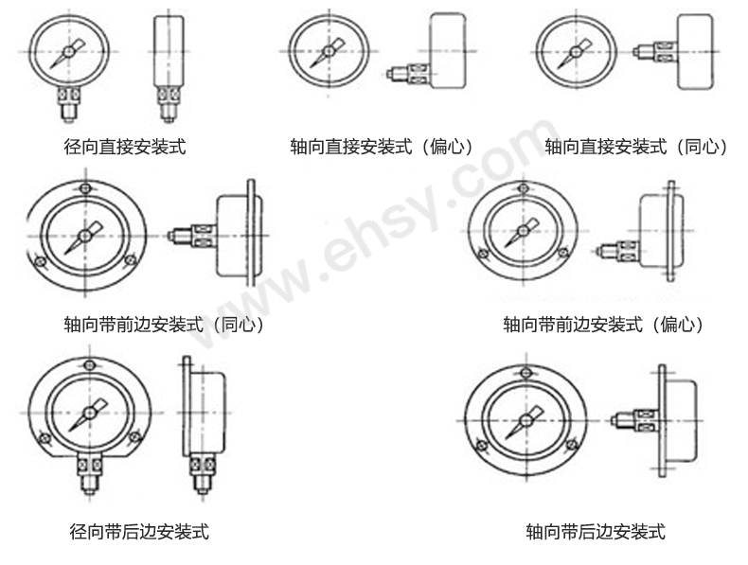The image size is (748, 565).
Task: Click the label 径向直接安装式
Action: [x=124, y=147]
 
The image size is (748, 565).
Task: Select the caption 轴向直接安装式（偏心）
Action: [x=382, y=147]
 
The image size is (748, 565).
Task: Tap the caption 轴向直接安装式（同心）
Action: [x=636, y=147]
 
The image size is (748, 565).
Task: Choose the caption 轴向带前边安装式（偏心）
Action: [x=604, y=325]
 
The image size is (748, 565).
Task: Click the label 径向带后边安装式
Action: [x=139, y=531]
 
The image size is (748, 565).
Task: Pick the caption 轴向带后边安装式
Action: [x=596, y=531]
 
